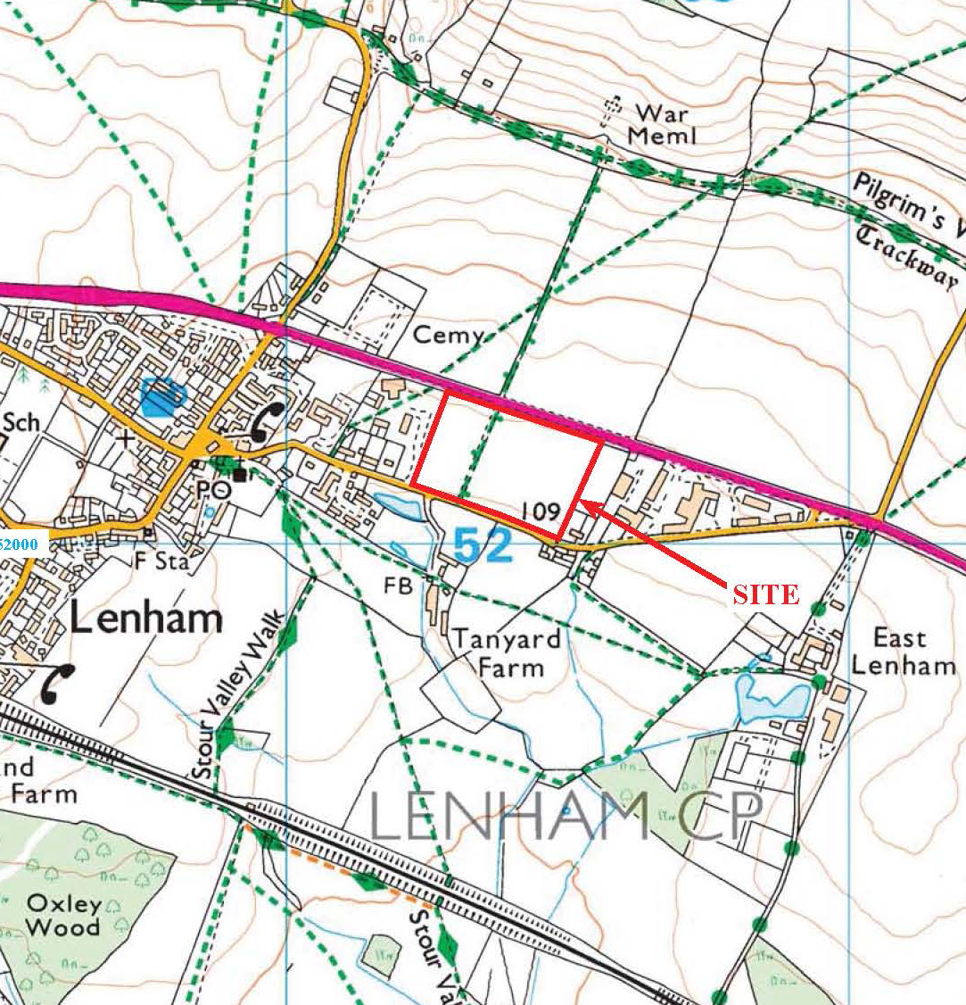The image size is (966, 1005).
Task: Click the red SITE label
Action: tap(764, 594)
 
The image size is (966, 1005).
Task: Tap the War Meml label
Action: tap(661, 123)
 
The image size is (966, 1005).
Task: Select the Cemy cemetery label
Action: tap(449, 336)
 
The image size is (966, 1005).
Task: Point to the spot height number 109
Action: tap(541, 511)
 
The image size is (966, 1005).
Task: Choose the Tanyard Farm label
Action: tap(507, 652)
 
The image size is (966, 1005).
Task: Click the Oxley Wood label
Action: tap(62, 915)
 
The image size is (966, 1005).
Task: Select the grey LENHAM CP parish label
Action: tap(566, 816)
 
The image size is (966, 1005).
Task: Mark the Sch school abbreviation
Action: tap(21, 421)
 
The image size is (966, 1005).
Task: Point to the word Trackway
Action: tap(908, 255)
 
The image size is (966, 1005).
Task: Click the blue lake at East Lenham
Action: tap(768, 698)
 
